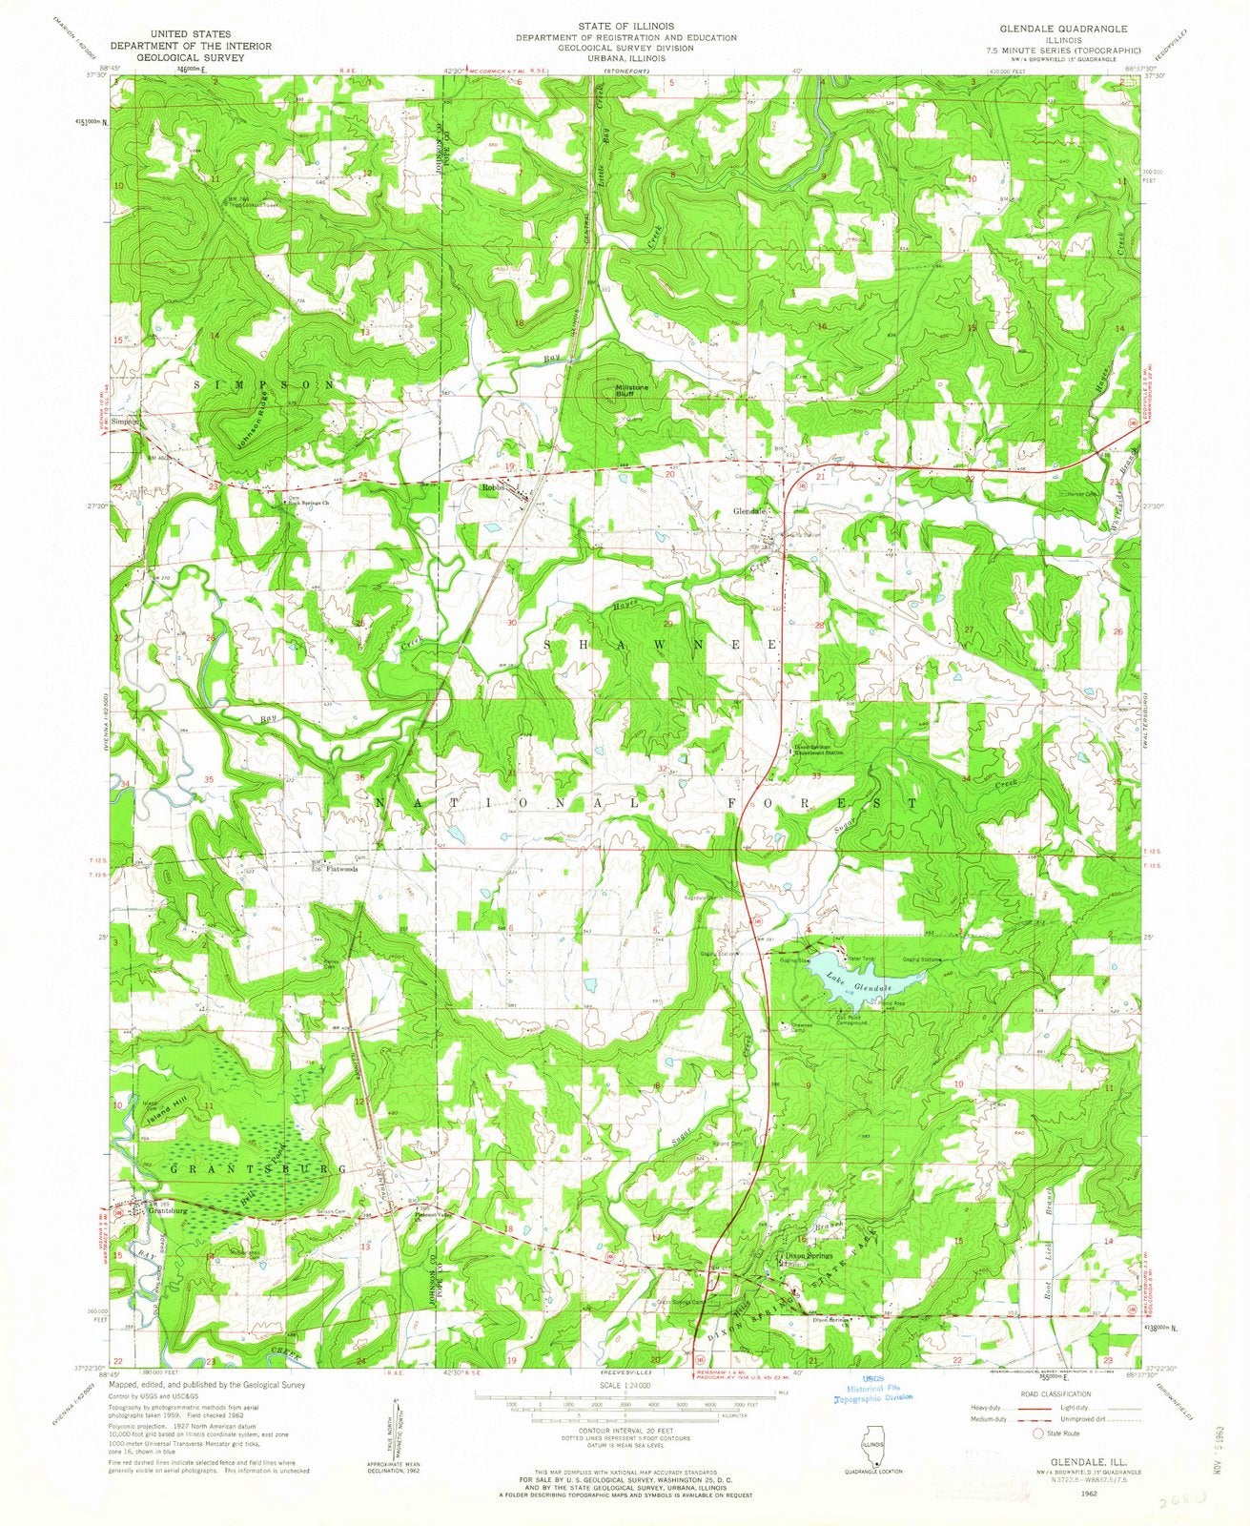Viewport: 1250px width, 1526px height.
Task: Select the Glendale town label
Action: (748, 511)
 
